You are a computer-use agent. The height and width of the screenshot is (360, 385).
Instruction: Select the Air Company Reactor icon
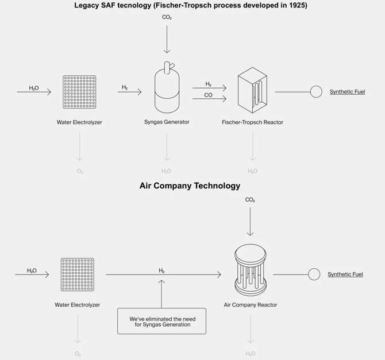pos(251,272)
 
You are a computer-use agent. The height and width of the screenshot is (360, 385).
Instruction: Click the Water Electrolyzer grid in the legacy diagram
pos(79,92)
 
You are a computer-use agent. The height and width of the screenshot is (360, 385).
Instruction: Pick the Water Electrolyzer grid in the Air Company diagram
pos(78,274)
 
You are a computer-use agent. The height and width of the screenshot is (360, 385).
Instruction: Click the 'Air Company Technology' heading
pos(190,186)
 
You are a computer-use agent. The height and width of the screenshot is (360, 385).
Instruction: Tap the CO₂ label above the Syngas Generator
pos(167,18)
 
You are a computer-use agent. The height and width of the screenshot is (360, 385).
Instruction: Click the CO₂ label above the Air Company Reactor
pos(250,200)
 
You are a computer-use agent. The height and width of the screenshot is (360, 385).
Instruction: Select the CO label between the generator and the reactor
pos(208,95)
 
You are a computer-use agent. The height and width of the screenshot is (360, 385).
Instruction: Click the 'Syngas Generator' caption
pos(167,122)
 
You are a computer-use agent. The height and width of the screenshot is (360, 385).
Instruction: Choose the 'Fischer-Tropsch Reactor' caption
pos(252,122)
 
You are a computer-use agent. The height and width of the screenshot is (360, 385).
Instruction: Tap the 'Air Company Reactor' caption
pos(251,305)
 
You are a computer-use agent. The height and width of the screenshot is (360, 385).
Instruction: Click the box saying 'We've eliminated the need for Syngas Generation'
pos(161,322)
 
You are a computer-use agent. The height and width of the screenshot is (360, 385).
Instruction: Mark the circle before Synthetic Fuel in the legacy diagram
pos(316,92)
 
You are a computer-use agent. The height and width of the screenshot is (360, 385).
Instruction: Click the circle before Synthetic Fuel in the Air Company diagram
pos(314,274)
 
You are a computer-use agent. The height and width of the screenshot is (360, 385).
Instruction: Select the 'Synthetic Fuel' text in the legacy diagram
pos(347,92)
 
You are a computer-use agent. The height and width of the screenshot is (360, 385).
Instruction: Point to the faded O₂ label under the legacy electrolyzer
pos(79,171)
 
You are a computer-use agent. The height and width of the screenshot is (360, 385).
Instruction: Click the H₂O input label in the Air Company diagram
pos(32,270)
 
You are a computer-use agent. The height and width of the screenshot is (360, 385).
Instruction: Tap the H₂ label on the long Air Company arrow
pos(161,270)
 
